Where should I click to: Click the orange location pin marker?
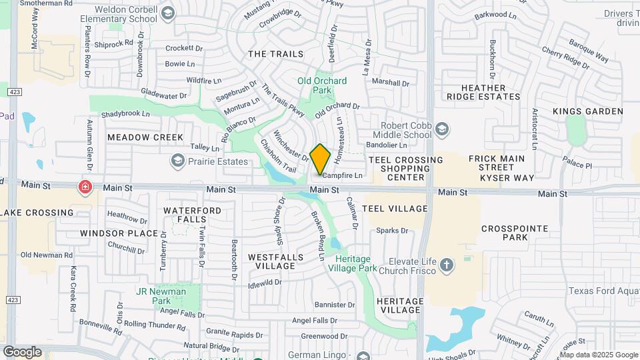[321, 159]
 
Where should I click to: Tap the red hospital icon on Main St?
[85, 187]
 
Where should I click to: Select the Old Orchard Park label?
[322, 85]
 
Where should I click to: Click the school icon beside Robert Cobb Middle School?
[441, 129]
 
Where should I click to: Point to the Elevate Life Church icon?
[447, 267]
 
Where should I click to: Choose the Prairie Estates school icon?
[177, 161]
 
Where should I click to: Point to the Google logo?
[22, 352]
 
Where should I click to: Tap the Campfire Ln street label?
[343, 176]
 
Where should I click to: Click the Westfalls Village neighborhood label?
[271, 261]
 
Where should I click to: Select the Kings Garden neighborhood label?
[588, 111]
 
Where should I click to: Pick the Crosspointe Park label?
[515, 233]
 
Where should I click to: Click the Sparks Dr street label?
[392, 231]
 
